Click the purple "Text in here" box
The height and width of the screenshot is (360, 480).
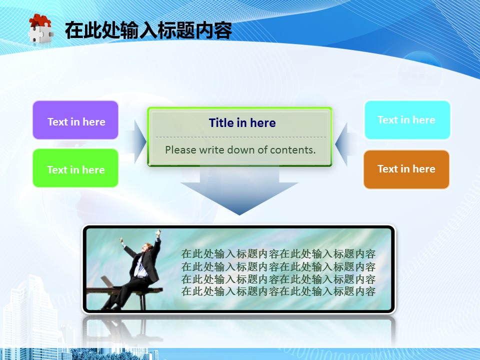point(75,120)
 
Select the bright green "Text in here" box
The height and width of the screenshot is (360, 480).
point(75,168)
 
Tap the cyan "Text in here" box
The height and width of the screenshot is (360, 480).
point(407,120)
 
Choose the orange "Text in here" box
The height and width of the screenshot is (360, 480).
point(406,169)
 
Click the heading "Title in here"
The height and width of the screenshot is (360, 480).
point(242,123)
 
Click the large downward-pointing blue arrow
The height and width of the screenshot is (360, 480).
point(239,190)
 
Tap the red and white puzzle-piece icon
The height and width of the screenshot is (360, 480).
point(40,29)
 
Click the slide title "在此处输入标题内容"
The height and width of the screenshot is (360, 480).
point(148,30)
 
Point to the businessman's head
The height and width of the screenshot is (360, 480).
point(148,247)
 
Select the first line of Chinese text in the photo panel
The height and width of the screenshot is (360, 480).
point(278,254)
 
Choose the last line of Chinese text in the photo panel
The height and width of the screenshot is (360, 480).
point(278,291)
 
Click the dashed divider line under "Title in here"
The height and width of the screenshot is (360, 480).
point(241,137)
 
